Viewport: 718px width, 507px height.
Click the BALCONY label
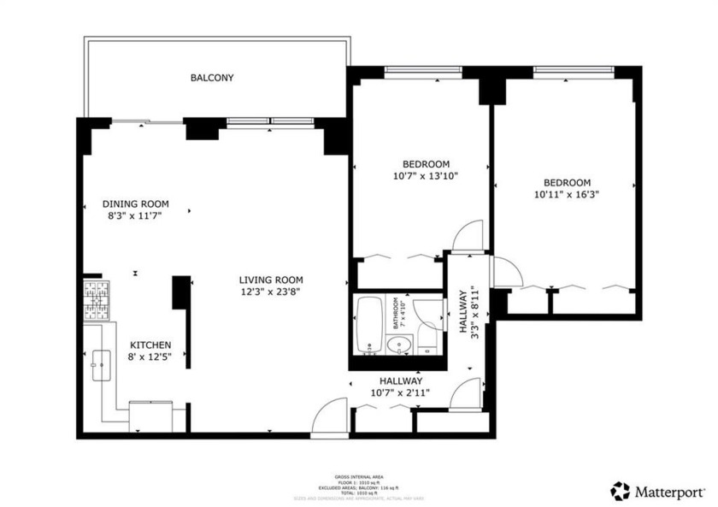[x=211, y=78]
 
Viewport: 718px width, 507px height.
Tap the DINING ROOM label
[x=135, y=204]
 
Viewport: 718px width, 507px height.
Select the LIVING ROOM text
[x=270, y=280]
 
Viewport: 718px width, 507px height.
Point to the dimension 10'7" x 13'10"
[x=426, y=176]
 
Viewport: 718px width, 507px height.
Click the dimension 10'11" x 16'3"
[x=567, y=194]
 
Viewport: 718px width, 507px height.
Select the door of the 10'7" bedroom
[x=468, y=236]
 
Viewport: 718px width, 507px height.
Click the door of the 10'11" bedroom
[x=506, y=272]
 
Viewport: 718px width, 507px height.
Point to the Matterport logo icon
[x=620, y=491]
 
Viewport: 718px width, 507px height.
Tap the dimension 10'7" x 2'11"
[x=400, y=392]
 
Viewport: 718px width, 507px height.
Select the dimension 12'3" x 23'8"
[x=270, y=292]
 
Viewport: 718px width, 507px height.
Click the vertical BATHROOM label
[x=396, y=314]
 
